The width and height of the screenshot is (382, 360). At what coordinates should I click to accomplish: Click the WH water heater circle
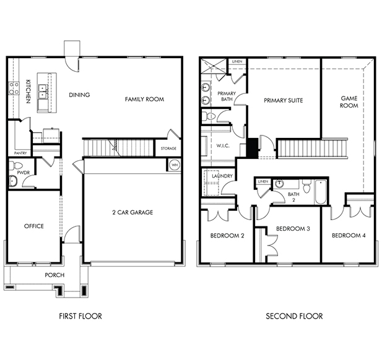[x=175, y=165]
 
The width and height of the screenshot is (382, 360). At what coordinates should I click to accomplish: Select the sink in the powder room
[x=12, y=181]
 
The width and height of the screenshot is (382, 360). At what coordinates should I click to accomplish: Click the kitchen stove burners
[x=14, y=88]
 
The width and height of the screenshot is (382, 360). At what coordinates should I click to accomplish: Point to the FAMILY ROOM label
[x=144, y=99]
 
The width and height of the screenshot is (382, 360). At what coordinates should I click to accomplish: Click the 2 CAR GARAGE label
[x=132, y=213]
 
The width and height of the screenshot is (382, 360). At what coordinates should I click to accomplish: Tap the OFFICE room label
[x=34, y=226]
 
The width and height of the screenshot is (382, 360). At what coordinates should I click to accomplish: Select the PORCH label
[x=54, y=275]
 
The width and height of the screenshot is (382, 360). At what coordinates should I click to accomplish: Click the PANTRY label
[x=20, y=153]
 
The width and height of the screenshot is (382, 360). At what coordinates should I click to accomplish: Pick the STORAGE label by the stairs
[x=168, y=148]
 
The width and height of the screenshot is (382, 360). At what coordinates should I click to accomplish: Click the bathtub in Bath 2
[x=321, y=192]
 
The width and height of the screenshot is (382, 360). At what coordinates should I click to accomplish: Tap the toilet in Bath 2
[x=306, y=186]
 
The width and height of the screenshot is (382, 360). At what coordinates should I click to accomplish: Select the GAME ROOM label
[x=349, y=102]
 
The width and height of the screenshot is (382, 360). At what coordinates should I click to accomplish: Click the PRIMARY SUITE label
[x=284, y=101]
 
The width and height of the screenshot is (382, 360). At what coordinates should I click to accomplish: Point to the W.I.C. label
[x=223, y=146]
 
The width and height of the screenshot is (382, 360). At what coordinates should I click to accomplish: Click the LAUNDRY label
[x=222, y=176]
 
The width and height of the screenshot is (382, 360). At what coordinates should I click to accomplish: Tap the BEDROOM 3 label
[x=293, y=229]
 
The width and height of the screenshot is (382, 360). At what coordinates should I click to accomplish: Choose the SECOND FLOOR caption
[x=294, y=316]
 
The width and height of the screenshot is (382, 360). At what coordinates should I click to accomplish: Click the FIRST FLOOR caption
[x=80, y=316]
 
